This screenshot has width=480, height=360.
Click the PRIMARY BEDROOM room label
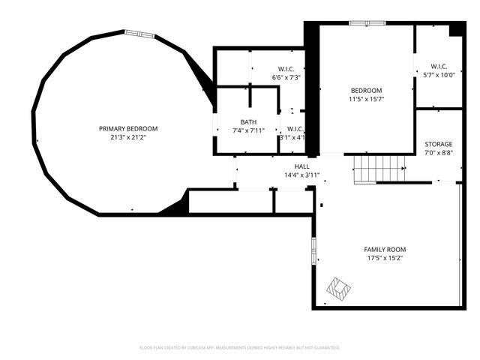pos(128,128)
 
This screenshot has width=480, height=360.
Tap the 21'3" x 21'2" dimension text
pos(128,137)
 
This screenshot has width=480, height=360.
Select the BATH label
pos(248,121)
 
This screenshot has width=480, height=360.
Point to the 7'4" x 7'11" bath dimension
pos(248,130)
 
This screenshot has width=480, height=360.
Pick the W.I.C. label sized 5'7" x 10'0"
pos(439,65)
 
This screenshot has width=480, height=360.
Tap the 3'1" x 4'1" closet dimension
pos(292,137)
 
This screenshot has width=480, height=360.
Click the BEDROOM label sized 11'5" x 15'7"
pos(365,90)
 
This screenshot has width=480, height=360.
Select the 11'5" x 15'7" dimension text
pos(365,99)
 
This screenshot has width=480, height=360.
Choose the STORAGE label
pos(439,144)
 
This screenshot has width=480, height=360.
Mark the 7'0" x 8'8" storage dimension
pos(439,153)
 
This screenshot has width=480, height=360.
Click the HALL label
pos(301,166)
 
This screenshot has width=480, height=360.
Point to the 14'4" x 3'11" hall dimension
pos(301,175)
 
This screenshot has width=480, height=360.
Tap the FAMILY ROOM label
pos(385,249)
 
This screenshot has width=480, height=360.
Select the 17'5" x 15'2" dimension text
pos(385,258)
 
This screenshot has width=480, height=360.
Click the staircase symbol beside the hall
pos(379,169)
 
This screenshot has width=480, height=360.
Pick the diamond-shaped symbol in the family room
pos(338,289)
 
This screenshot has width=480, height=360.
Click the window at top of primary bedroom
pos(139,33)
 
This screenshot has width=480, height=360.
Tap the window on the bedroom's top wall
pos(367,23)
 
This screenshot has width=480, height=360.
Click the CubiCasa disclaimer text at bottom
pos(240,347)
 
